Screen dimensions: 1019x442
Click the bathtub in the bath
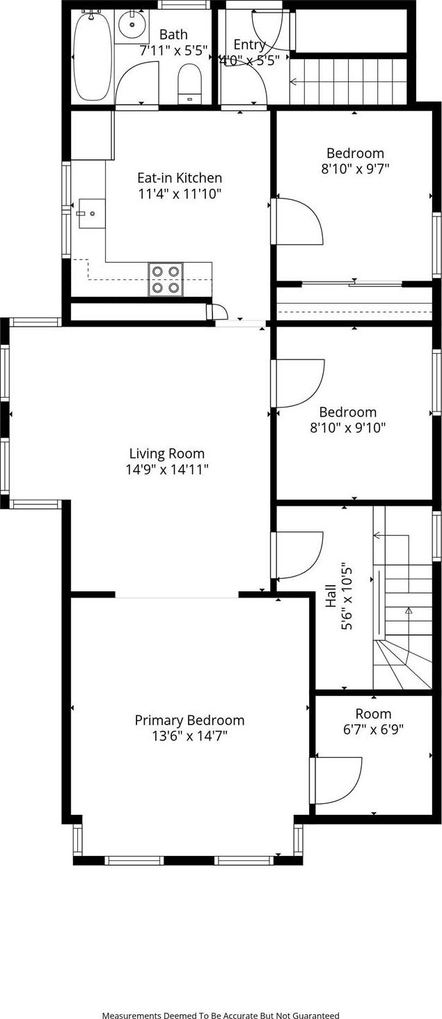coord(93,56)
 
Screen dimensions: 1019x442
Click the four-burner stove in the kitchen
coord(166,279)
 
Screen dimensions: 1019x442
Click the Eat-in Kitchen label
coord(180,178)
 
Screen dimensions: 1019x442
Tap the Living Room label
coord(167,453)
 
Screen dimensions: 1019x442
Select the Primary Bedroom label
coord(189,720)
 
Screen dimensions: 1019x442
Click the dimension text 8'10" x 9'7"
coord(355,168)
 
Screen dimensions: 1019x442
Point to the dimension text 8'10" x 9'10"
coord(347,428)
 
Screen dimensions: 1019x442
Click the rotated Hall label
coord(331,597)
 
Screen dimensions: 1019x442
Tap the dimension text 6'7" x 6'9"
coord(373,729)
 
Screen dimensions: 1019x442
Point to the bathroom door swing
coord(139,82)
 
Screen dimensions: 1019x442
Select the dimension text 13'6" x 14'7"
coord(189,736)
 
